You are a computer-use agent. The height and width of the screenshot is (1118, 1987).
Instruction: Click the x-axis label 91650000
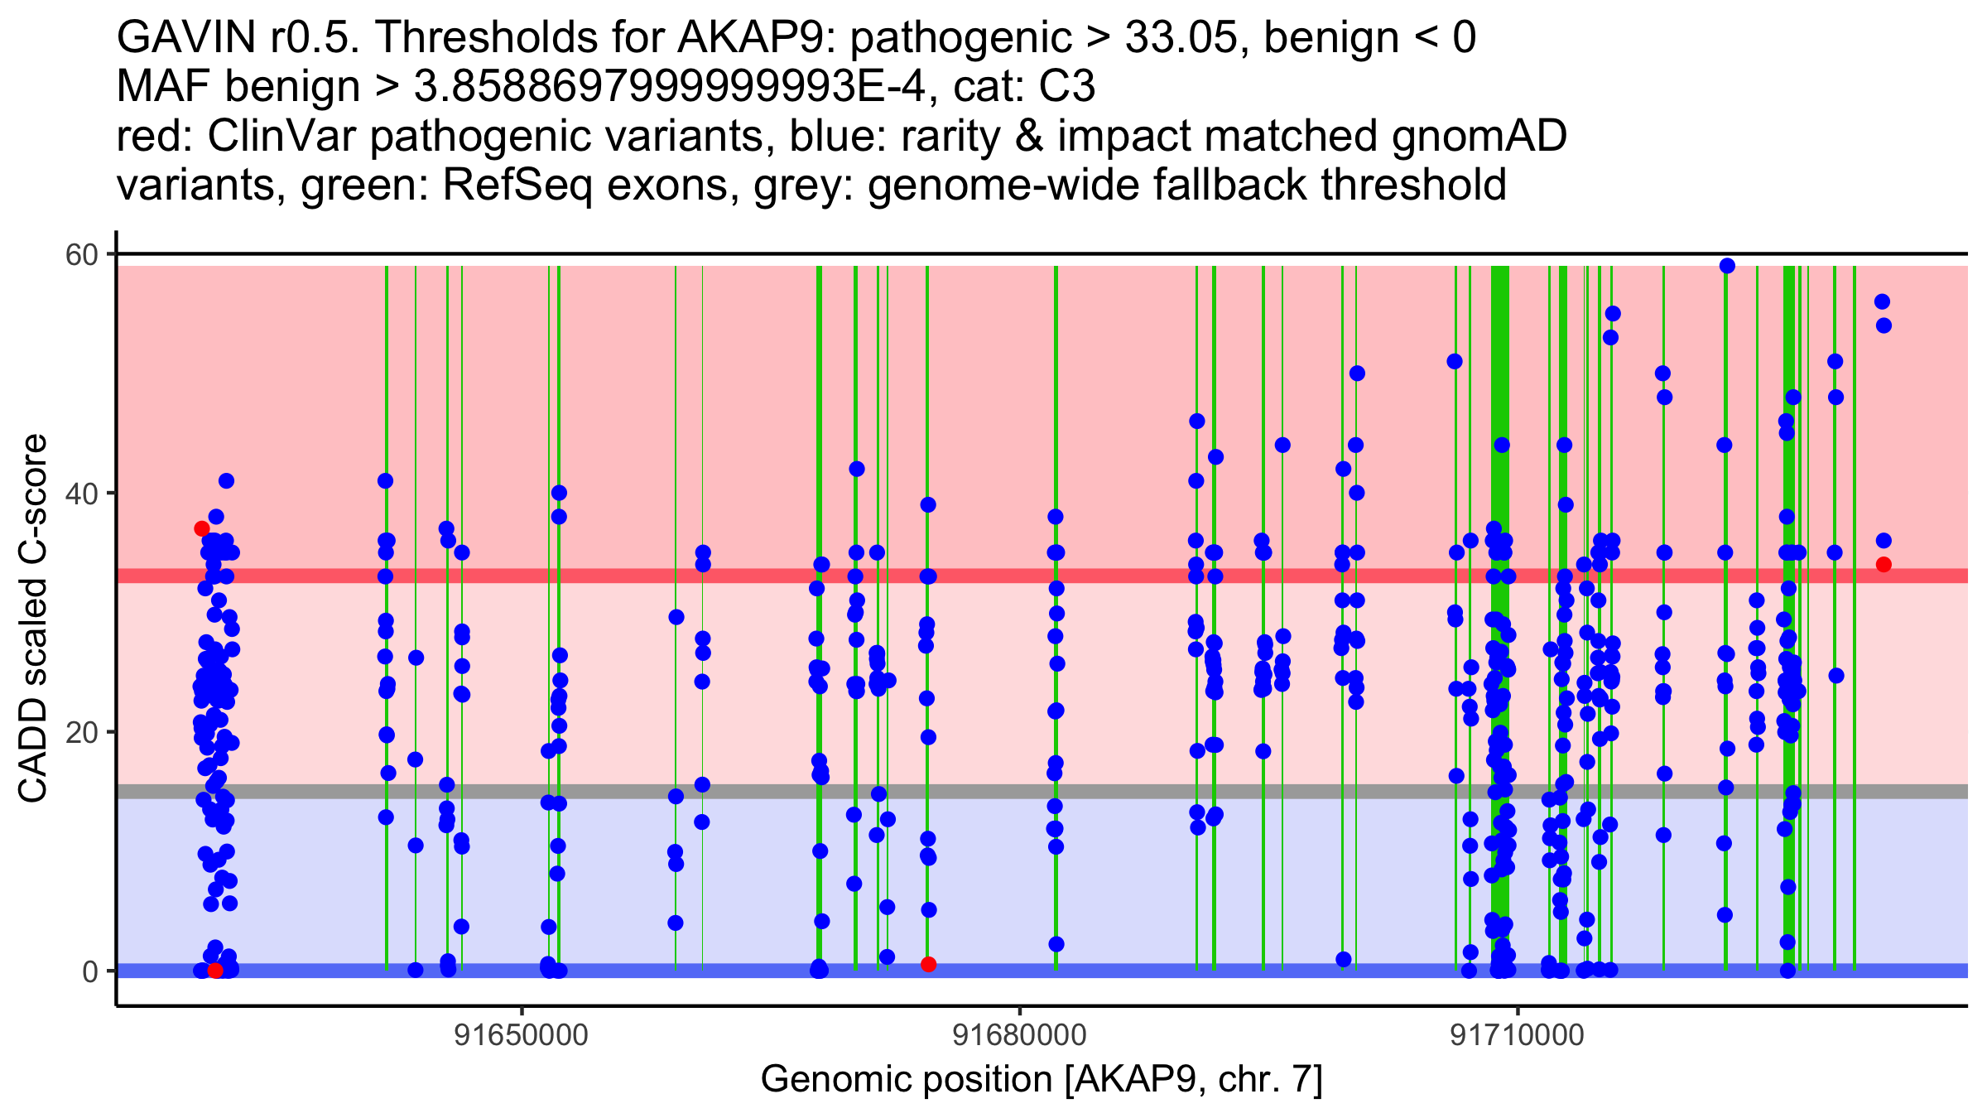[522, 1035]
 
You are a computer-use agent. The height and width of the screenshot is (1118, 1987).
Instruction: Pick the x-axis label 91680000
[1019, 1035]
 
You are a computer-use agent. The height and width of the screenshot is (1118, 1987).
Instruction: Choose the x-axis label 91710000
[1517, 1035]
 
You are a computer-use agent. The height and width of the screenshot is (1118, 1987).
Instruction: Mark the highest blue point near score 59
[1727, 266]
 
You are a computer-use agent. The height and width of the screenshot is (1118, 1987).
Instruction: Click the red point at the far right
[1884, 565]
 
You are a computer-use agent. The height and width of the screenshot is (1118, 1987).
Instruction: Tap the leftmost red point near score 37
[202, 528]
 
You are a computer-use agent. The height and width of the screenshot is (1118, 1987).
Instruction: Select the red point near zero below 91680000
[929, 964]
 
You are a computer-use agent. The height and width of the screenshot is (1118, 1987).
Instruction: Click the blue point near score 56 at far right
[1882, 301]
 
